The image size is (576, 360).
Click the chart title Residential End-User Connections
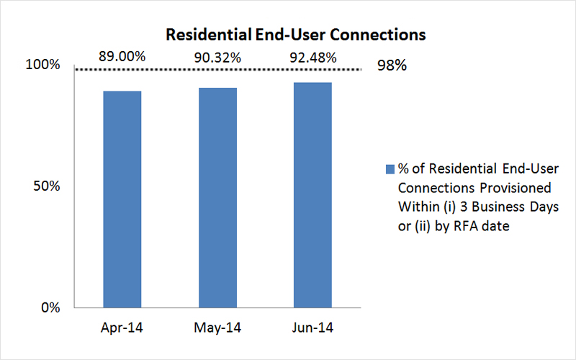tap(296, 34)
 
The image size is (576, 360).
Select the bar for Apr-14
tap(122, 199)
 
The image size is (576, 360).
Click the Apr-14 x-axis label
tap(122, 328)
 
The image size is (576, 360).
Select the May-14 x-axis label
tap(217, 328)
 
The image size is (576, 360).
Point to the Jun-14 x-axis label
tap(312, 328)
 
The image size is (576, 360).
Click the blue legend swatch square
tap(390, 170)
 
